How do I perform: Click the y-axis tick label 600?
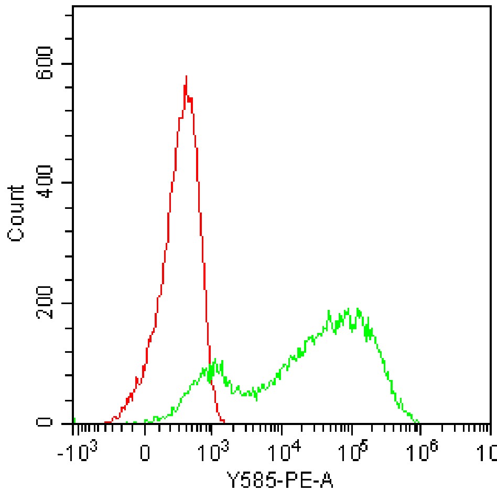(47, 63)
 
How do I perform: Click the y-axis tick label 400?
(47, 183)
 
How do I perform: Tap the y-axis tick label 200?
(47, 303)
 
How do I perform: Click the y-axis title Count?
(17, 213)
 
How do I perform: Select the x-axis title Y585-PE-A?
(281, 478)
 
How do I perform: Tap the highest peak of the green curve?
(358, 309)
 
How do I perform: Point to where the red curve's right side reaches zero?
(224, 421)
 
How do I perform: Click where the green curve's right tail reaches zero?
(418, 422)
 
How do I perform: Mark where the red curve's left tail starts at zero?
(106, 422)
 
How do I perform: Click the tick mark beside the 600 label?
(68, 63)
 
